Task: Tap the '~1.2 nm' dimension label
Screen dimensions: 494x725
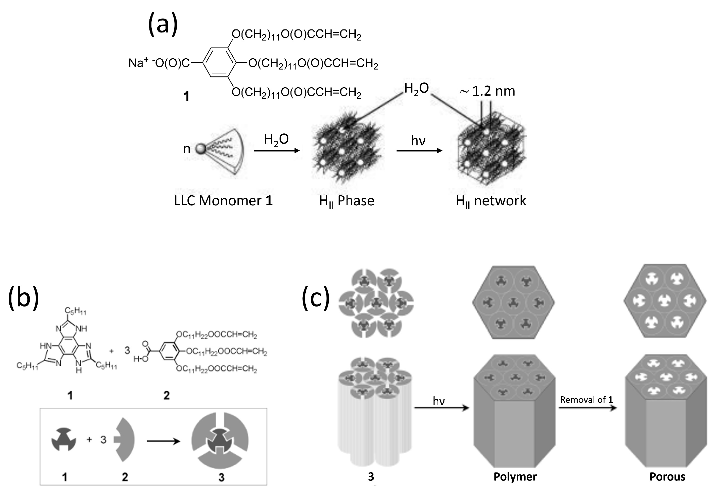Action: tap(488, 91)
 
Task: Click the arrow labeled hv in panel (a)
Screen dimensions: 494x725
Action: tap(419, 150)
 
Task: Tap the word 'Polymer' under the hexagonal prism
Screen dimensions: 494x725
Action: tap(515, 476)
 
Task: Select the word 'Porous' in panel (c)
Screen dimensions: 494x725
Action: tap(667, 476)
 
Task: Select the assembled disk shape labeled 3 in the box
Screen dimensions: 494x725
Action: tap(220, 441)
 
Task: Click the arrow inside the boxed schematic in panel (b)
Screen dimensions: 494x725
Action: tap(163, 441)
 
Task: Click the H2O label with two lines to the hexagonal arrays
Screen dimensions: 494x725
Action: tap(416, 89)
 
